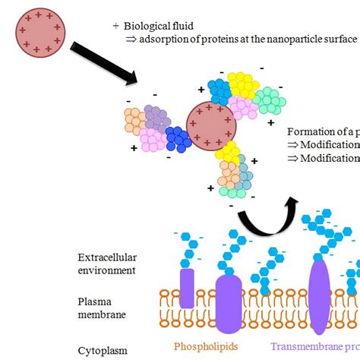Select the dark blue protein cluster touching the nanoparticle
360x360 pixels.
178,140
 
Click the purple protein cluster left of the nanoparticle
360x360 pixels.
158,117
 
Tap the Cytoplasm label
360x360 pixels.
102,351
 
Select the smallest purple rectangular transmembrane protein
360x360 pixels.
187,288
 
